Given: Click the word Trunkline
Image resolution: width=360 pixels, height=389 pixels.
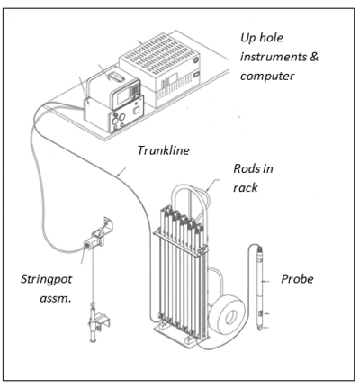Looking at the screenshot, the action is [x=164, y=150].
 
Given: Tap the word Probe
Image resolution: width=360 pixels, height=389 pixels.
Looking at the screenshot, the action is [x=297, y=279].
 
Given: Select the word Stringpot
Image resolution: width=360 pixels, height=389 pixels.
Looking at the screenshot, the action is [x=47, y=279].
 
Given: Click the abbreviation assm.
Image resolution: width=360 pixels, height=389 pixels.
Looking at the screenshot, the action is [x=56, y=299].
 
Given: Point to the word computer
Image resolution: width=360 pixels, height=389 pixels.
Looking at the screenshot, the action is [x=267, y=76].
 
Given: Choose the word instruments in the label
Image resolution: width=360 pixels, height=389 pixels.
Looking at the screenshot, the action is [x=274, y=57].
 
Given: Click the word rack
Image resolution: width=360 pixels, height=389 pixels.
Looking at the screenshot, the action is [x=246, y=188].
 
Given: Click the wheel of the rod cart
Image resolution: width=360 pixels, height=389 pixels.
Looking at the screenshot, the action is [x=227, y=314].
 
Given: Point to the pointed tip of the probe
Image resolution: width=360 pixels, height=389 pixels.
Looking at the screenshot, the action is [x=259, y=330].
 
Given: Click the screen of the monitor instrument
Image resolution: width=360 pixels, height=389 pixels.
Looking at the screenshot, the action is [x=122, y=96].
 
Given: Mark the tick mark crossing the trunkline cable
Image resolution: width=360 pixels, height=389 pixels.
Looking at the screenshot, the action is [x=121, y=172].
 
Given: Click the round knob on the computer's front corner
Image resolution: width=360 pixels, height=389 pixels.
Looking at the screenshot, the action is [x=196, y=60].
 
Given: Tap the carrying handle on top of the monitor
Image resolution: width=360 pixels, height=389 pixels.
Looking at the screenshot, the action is [x=116, y=77].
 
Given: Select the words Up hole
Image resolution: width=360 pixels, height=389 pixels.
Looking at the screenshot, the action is [x=262, y=38].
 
